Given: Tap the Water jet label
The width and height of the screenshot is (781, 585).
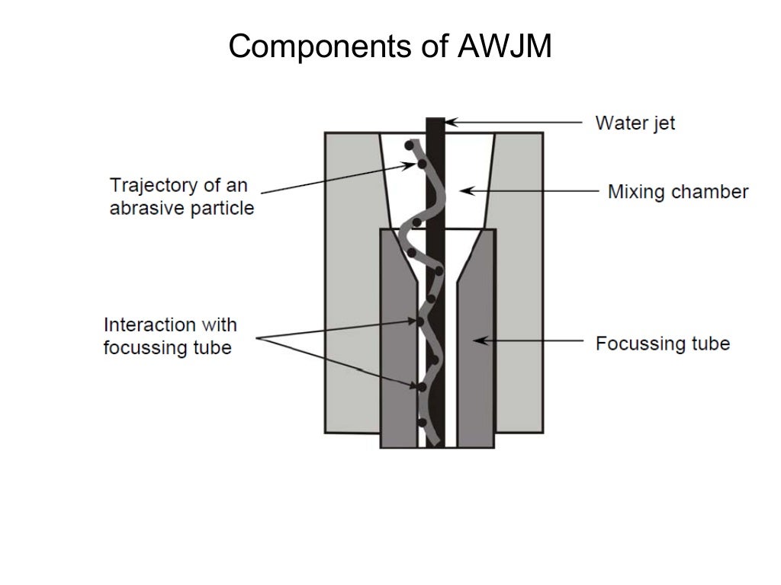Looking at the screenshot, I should coord(635,123).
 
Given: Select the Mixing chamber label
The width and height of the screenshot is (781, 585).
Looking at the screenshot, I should coord(678,191).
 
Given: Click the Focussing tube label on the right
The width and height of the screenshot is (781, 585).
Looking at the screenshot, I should coord(663,343).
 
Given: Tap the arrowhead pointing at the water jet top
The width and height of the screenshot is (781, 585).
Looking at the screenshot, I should coord(450,122).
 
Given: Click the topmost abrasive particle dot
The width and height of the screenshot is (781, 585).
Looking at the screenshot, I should coord(410,145).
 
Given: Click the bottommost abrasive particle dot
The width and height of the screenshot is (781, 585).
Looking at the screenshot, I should coord(422,423).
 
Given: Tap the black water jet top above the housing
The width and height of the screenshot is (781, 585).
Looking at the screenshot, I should coord(435,125).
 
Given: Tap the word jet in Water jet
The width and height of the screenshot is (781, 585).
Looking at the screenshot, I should coord(663,123).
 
